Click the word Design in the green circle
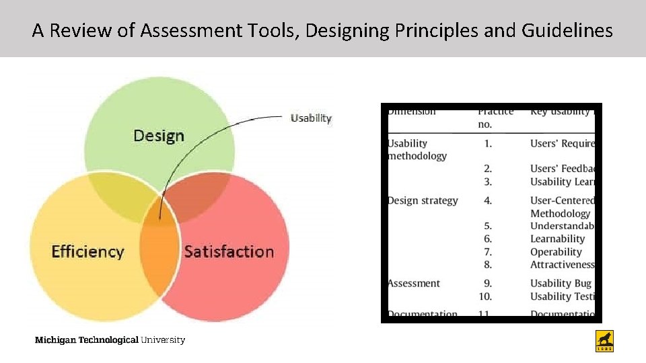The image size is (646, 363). pos(158,136)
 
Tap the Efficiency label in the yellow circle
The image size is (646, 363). pos(87,251)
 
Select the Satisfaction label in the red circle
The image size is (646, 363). pos(229,251)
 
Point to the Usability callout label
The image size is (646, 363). pos(311,118)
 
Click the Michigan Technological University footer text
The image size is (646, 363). pos(110,339)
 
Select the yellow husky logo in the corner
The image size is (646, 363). pos(605,341)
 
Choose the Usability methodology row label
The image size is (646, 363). pos(417,149)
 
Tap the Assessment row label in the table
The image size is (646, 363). pos(415,284)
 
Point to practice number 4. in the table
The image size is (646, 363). pos(488,200)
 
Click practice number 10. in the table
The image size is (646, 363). pos(485,296)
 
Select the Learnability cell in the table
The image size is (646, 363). pos(557,239)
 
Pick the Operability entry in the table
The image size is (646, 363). pos(556,252)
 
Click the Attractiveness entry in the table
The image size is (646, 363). pos(562,265)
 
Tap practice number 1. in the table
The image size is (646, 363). pos(488,143)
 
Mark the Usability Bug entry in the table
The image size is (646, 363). pos(561,284)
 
